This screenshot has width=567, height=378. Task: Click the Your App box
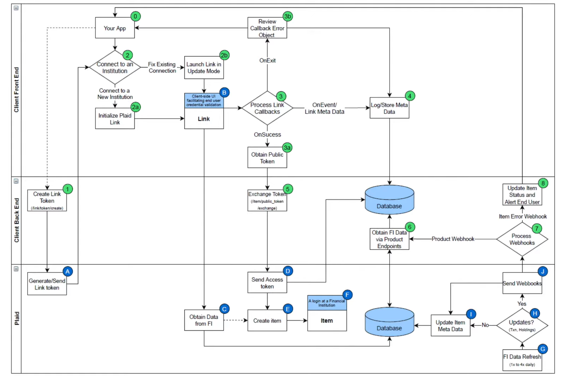point(115,28)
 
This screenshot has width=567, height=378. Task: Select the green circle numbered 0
point(135,16)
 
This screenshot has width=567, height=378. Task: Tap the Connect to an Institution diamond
point(115,67)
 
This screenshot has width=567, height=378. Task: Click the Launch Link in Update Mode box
point(204,67)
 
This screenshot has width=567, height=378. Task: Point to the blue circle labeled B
point(224,92)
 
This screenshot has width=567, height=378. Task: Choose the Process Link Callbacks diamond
point(267,108)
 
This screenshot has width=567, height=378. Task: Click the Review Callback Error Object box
point(267,28)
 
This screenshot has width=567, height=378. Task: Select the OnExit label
point(267,60)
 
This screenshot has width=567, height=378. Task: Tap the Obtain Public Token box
point(267,158)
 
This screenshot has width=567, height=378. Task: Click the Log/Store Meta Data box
point(389,108)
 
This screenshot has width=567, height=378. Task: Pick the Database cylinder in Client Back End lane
point(389,200)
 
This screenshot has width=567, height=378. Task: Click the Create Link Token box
point(47,200)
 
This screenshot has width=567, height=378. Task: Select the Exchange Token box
point(267,200)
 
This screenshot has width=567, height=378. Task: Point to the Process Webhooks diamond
point(522,239)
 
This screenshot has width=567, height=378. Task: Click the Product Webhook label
point(453,239)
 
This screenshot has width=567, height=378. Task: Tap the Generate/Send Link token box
point(47,284)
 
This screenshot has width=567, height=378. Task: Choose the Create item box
point(267,320)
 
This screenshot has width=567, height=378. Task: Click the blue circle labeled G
point(543,349)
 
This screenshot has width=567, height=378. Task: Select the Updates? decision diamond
point(522,325)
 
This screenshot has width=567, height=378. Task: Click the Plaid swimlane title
point(17,318)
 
